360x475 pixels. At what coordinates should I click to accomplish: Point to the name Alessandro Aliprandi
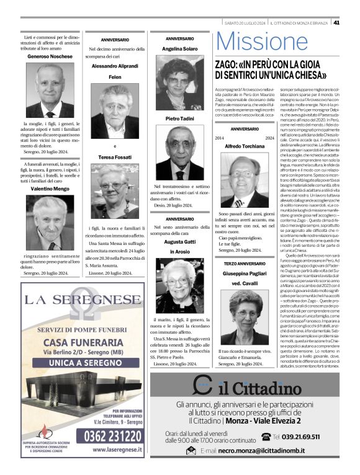(x=115, y=65)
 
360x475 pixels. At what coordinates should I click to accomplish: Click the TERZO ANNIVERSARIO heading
(x=244, y=264)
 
